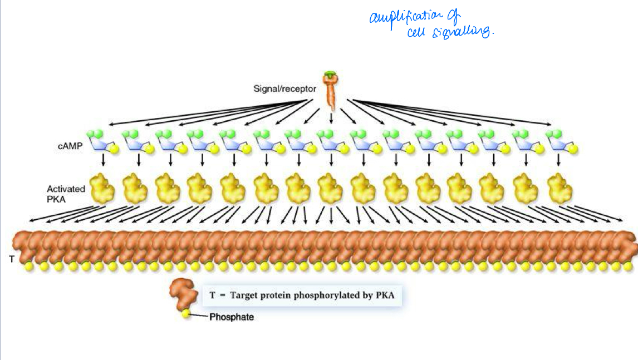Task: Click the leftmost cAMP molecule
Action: [101, 142]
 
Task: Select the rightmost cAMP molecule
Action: [561, 142]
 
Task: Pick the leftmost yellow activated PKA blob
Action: [102, 188]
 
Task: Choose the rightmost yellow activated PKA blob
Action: [560, 188]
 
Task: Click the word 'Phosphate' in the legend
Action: [232, 318]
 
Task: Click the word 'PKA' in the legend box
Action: [384, 295]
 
